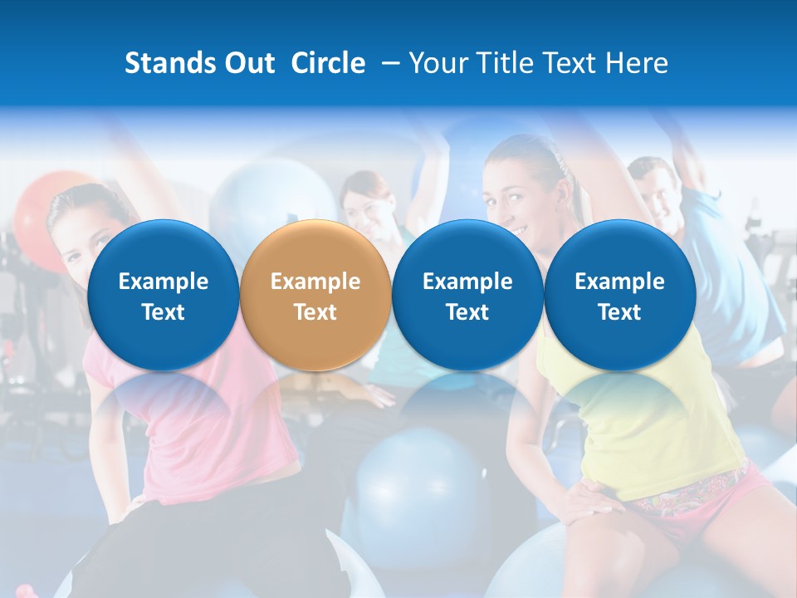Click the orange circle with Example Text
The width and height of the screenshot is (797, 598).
(x=315, y=295)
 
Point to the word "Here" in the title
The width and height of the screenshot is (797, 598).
(x=638, y=63)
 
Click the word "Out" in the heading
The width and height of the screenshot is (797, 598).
(x=247, y=63)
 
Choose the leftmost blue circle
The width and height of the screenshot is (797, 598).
(x=163, y=295)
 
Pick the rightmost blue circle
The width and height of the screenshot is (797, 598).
(x=619, y=295)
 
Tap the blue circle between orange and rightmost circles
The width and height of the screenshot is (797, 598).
(x=467, y=295)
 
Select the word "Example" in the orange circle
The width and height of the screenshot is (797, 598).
(x=315, y=282)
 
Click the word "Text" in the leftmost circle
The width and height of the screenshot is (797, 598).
(x=163, y=312)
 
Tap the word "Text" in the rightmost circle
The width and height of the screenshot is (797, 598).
(x=619, y=312)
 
